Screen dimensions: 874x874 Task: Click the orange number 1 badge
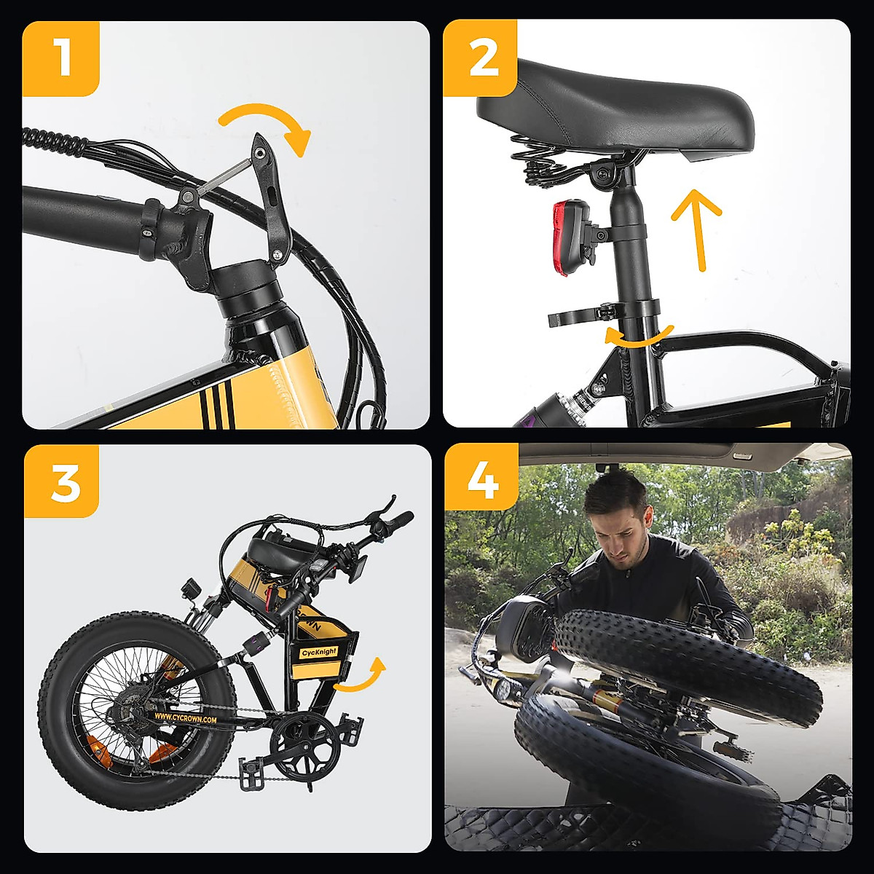tap(61, 58)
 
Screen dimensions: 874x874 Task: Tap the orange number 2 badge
tap(480, 58)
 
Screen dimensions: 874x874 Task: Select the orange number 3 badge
tap(61, 481)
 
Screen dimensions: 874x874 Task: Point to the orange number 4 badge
tap(481, 481)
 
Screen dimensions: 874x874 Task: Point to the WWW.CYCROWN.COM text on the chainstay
tap(185, 718)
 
